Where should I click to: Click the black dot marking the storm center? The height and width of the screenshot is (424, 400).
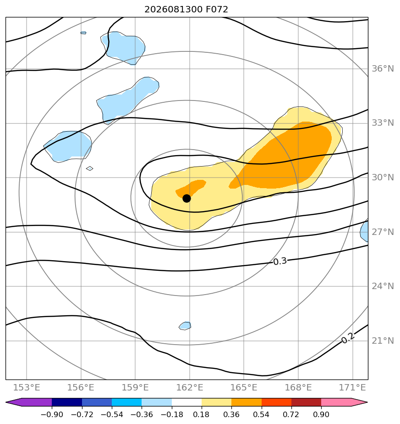(x=186, y=199)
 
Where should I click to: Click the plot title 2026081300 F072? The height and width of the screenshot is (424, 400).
(x=186, y=10)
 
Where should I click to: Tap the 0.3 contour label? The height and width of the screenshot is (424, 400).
(x=280, y=262)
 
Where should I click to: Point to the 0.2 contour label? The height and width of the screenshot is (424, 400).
(x=348, y=338)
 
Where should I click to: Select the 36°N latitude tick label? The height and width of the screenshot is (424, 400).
(x=383, y=69)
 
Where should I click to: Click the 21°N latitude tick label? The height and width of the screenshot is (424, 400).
(x=383, y=340)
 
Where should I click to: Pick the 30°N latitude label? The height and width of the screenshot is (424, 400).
(x=383, y=178)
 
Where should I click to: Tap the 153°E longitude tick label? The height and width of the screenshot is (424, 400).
(x=27, y=387)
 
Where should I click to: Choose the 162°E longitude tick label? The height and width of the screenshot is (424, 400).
(x=190, y=387)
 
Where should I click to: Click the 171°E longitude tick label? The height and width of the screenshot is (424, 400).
(x=352, y=387)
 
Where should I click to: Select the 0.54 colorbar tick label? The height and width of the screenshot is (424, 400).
(x=261, y=414)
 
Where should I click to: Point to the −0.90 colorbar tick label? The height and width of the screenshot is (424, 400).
(x=52, y=414)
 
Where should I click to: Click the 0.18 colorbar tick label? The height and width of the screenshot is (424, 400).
(x=202, y=414)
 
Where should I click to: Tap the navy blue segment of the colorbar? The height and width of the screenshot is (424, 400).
(x=67, y=402)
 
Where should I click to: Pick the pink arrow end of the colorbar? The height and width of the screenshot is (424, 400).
(x=345, y=402)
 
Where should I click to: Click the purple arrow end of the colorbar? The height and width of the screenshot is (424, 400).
(x=28, y=402)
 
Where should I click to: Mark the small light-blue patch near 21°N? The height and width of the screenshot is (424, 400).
(x=185, y=326)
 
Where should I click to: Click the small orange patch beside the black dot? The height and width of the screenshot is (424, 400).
(x=191, y=187)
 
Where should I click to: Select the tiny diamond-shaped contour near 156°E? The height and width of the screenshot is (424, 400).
(x=90, y=168)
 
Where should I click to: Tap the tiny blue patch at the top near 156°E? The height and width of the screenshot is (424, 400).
(x=83, y=33)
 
